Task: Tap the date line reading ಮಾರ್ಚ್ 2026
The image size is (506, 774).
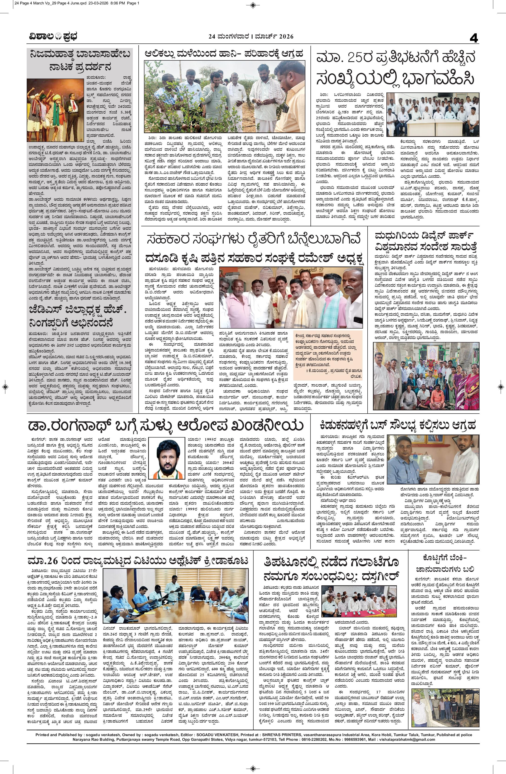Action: (274, 37)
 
